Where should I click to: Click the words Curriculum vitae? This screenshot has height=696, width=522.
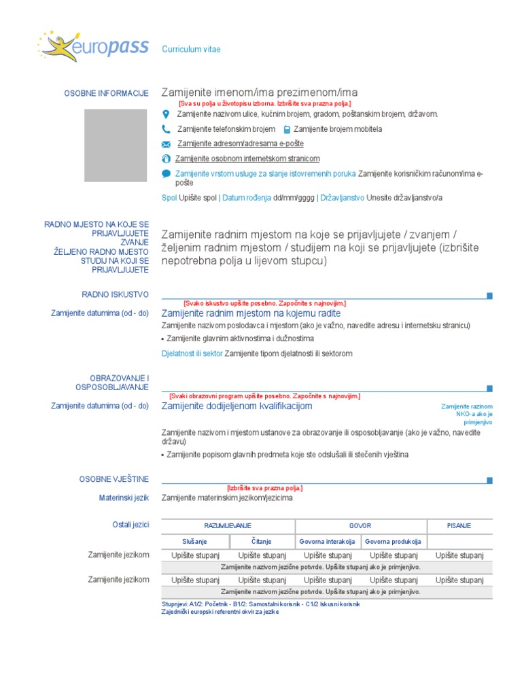(191, 50)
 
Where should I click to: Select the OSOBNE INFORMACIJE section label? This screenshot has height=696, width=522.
(106, 93)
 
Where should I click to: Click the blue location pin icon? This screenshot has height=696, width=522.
(166, 114)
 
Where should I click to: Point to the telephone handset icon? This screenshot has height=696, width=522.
(166, 129)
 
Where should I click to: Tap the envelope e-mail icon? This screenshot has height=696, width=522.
(166, 144)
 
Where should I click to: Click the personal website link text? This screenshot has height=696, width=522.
(247, 158)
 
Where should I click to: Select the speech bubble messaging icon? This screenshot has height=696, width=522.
(166, 174)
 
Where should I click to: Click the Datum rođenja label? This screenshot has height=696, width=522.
(246, 198)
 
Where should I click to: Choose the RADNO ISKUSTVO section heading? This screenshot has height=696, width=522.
(115, 294)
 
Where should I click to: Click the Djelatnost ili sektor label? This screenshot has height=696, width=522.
(192, 353)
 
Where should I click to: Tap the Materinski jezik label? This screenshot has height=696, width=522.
(124, 498)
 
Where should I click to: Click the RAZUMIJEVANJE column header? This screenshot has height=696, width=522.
(228, 526)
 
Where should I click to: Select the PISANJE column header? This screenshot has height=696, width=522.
(459, 526)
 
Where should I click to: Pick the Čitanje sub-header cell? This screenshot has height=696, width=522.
(261, 542)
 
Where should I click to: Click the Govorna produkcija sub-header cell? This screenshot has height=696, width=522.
(393, 542)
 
